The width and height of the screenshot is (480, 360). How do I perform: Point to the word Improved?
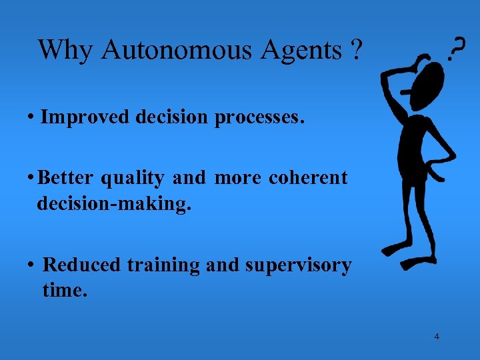pos(85,117)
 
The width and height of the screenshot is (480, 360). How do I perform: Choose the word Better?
pos(67,178)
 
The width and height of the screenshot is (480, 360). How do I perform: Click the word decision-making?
pos(114,204)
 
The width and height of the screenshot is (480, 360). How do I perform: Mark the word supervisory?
pos(298,266)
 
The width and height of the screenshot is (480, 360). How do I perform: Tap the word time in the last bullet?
pos(64,291)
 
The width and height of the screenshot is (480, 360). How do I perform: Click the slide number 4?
pos(437,336)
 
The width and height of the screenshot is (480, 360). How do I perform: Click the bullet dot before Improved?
pos(31,118)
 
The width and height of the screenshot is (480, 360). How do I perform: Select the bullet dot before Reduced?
pos(31,265)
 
